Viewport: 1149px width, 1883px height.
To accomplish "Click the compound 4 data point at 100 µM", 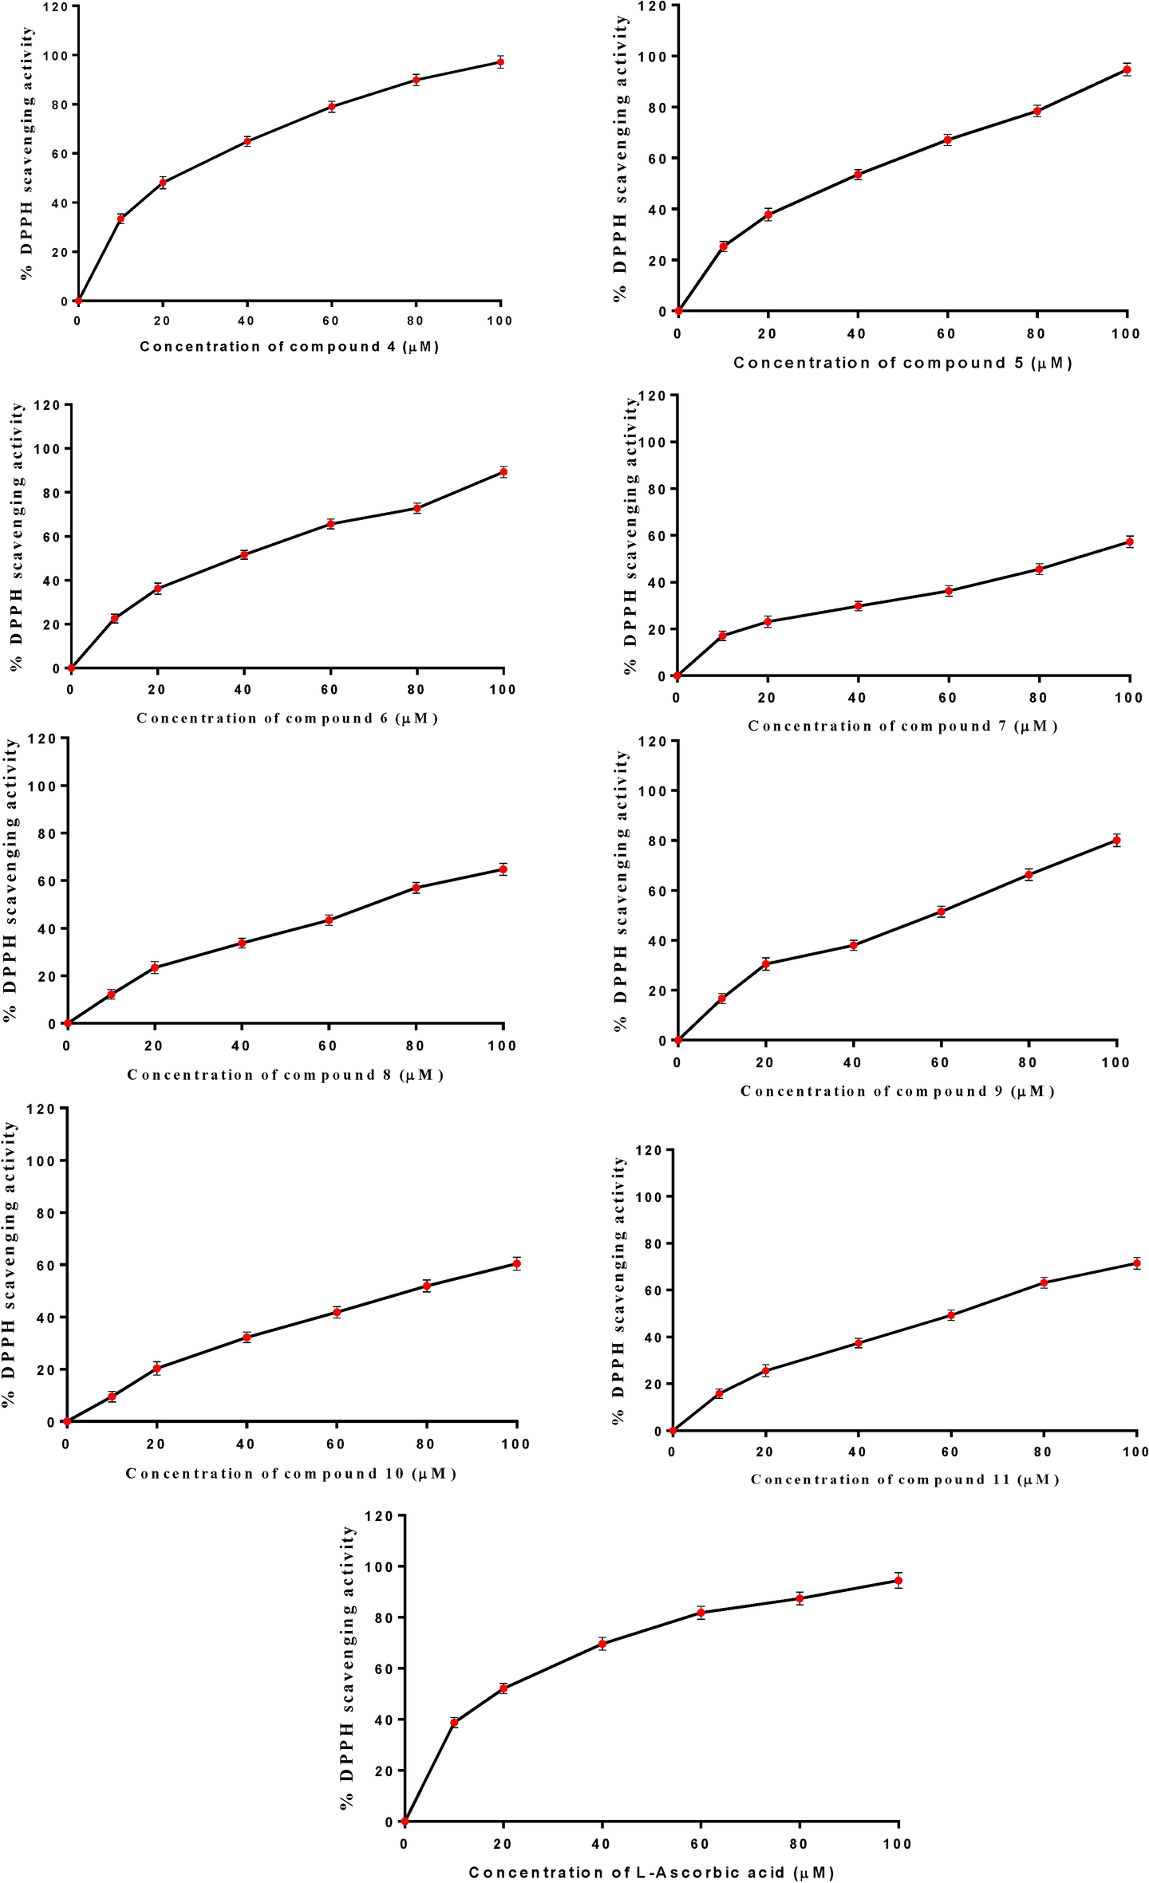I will [x=500, y=62].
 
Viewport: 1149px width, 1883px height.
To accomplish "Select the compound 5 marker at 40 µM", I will [x=858, y=175].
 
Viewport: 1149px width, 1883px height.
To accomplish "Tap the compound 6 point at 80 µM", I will [x=417, y=508].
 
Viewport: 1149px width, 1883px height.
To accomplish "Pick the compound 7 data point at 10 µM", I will [x=722, y=636].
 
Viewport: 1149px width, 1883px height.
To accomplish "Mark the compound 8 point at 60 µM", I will [x=329, y=920].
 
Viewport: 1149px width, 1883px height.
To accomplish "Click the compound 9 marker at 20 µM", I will [x=766, y=964].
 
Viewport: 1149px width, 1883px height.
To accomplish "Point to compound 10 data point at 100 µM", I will [x=516, y=1263].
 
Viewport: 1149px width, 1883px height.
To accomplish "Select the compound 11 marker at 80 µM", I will [x=1043, y=1282].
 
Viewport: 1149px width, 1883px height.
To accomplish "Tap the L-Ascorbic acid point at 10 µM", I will [x=454, y=1723].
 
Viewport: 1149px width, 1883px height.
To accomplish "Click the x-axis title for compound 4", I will [x=289, y=346].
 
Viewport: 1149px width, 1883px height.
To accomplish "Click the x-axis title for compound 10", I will [x=290, y=1473].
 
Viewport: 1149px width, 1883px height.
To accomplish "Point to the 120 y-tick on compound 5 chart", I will [x=657, y=6].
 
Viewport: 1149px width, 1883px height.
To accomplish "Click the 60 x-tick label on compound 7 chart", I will [x=947, y=698].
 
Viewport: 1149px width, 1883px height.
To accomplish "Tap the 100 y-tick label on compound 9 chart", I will [x=651, y=790].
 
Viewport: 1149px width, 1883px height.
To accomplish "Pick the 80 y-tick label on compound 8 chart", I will [x=47, y=833].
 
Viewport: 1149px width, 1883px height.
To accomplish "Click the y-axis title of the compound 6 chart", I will [x=16, y=536].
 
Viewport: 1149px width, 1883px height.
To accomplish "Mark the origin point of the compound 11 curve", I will [x=673, y=1431].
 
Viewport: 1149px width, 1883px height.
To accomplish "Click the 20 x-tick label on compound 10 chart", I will [x=156, y=1444].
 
